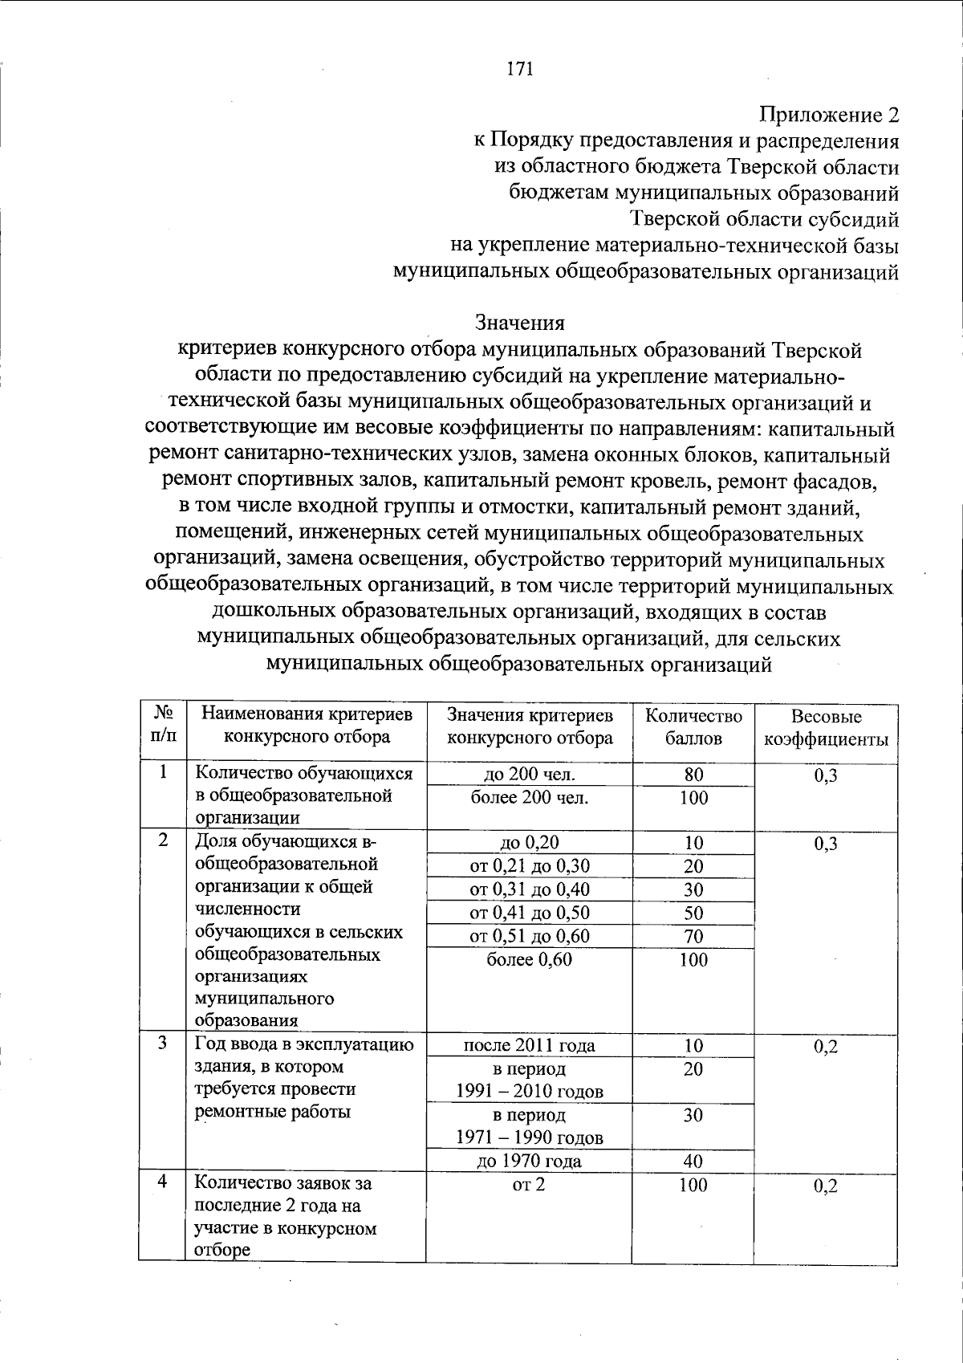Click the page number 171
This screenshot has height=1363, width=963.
(520, 69)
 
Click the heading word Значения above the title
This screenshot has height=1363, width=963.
(520, 323)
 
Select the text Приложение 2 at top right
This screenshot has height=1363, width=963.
(829, 115)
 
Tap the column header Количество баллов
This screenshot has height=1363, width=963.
(693, 726)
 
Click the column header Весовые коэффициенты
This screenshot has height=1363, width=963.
(825, 727)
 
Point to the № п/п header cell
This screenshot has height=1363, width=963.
(163, 724)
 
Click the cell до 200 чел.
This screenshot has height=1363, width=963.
(530, 775)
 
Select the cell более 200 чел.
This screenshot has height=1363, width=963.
(530, 798)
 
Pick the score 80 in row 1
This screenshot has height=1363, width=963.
(693, 775)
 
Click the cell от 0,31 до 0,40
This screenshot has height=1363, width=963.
(530, 889)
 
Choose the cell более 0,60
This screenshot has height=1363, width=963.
(530, 960)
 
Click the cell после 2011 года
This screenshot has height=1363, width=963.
(530, 1045)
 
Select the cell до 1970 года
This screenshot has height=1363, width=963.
(530, 1161)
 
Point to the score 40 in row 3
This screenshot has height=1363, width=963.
(693, 1161)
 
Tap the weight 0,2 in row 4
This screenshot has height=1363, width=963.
(825, 1186)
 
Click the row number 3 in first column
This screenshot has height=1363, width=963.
(163, 1043)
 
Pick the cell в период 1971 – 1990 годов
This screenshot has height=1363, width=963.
(530, 1126)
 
